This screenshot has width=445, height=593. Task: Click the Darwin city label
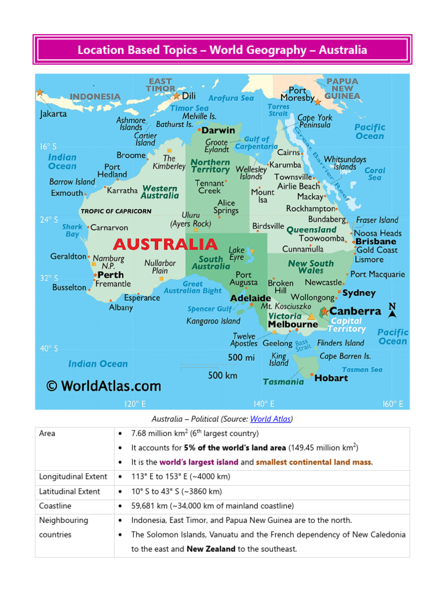pyautogui.click(x=218, y=130)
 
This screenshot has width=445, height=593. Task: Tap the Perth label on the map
pyautogui.click(x=111, y=274)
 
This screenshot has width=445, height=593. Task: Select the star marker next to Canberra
pyautogui.click(x=324, y=312)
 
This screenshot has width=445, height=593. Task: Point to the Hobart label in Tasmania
pyautogui.click(x=331, y=378)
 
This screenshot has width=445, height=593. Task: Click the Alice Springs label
pyautogui.click(x=226, y=207)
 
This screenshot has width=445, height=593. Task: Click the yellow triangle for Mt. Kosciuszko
pyautogui.click(x=311, y=316)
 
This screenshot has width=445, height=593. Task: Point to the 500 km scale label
pyautogui.click(x=222, y=375)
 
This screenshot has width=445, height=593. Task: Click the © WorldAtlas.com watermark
pyautogui.click(x=104, y=386)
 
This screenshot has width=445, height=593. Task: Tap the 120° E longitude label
pyautogui.click(x=135, y=404)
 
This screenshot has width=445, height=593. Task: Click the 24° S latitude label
pyautogui.click(x=48, y=219)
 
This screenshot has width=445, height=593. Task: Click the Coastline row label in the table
pyautogui.click(x=55, y=506)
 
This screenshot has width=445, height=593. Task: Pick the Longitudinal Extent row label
pyautogui.click(x=73, y=477)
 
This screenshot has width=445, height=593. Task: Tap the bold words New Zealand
pyautogui.click(x=211, y=548)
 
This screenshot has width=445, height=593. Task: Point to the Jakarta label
pyautogui.click(x=53, y=114)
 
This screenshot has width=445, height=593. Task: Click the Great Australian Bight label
pyautogui.click(x=193, y=287)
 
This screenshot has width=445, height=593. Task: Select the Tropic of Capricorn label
pyautogui.click(x=116, y=211)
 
